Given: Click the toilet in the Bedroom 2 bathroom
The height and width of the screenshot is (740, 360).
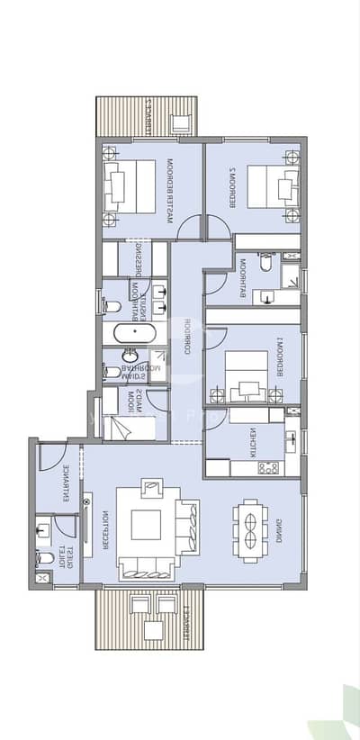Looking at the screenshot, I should (265, 266).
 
